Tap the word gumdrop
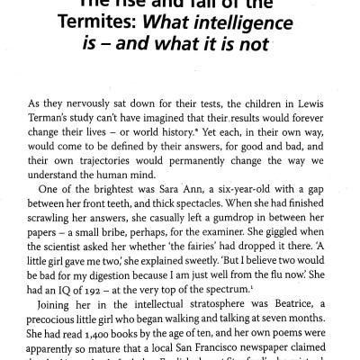[227, 225]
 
